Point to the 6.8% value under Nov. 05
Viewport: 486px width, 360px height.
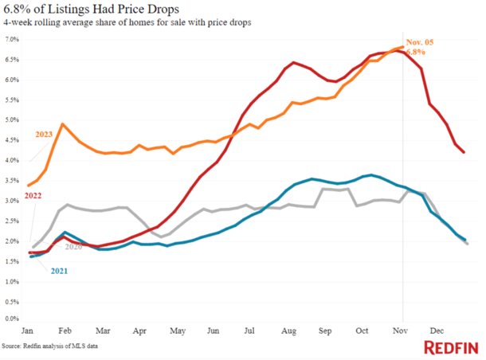(x=417, y=51)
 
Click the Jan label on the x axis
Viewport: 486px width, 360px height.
(x=29, y=330)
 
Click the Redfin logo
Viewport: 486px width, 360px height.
(x=451, y=347)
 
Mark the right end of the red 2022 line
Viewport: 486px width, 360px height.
(x=464, y=152)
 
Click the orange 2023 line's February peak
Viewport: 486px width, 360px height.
(x=63, y=124)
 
